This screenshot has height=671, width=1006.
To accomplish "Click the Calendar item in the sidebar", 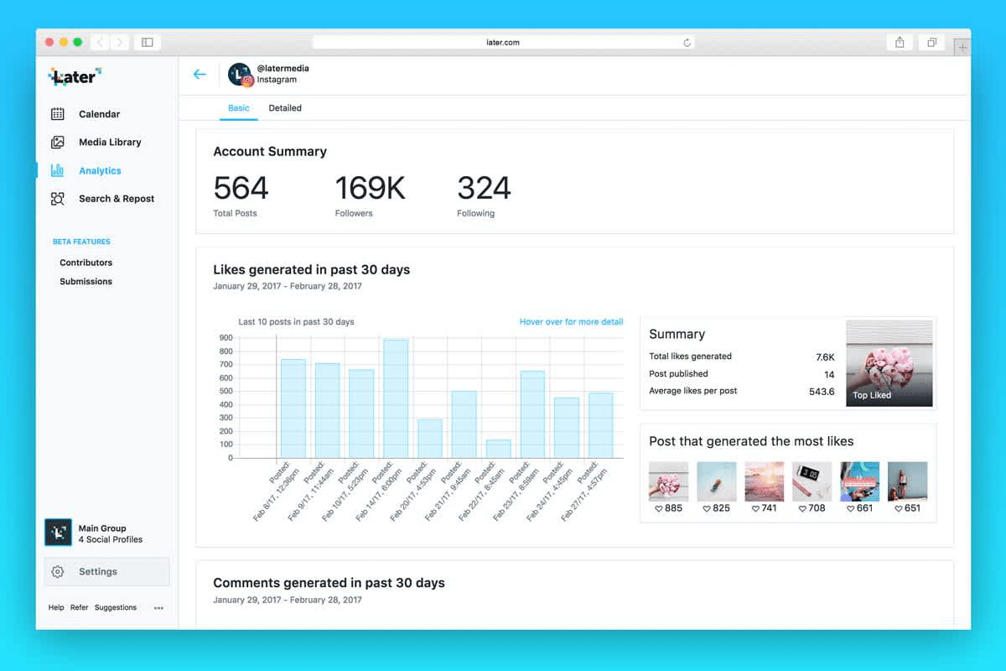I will (98, 114).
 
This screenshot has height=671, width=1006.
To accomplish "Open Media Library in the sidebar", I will (109, 143).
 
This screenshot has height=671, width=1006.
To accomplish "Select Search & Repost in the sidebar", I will (116, 199).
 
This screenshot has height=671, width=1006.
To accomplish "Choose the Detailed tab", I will (285, 108).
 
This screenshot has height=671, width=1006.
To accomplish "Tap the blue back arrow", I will (200, 75).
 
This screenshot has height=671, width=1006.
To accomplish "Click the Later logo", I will (75, 77).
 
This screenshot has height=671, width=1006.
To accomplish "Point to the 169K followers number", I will (370, 188).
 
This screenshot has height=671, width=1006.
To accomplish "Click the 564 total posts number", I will (241, 188).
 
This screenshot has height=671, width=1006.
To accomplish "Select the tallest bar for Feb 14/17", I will (396, 398).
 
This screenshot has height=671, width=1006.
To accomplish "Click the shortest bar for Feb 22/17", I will (498, 449).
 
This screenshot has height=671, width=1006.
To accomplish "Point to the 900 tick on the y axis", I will (226, 338).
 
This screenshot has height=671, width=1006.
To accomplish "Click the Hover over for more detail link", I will (571, 322).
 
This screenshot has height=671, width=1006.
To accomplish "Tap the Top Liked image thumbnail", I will (889, 363).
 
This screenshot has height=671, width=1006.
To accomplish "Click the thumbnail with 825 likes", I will (717, 481).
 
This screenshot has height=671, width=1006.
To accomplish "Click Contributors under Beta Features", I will (86, 263).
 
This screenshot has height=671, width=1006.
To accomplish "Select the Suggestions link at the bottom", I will (116, 608).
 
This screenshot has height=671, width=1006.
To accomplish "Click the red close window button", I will (49, 42).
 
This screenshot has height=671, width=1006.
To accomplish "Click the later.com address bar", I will (503, 42).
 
